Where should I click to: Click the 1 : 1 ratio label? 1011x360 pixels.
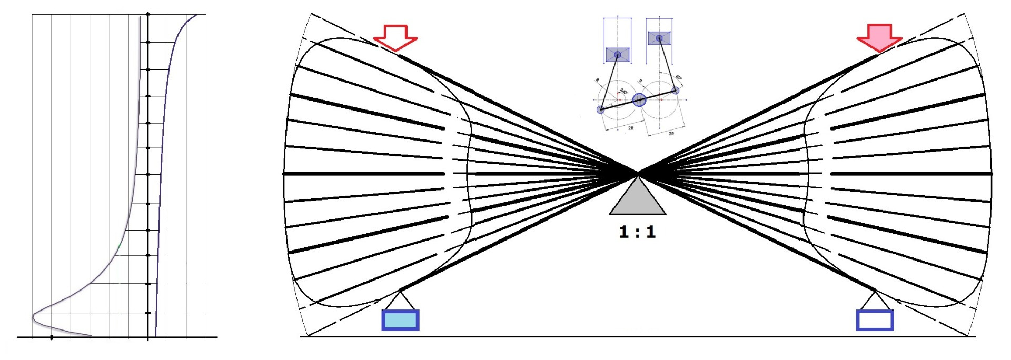coord(637,232)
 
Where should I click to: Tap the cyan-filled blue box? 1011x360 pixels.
coord(400,320)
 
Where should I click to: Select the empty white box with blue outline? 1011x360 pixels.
coord(875,320)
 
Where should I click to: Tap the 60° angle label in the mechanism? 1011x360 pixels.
coord(679,79)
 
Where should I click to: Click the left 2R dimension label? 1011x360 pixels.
coord(631,128)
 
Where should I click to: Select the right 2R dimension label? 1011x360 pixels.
coord(671,134)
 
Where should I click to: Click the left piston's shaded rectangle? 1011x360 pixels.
coord(617,55)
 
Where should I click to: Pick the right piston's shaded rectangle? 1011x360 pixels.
coord(659,38)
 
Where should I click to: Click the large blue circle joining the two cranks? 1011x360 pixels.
coord(639,100)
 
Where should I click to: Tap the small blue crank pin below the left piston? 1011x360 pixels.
coord(601,109)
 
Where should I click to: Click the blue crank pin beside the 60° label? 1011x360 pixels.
coord(676,91)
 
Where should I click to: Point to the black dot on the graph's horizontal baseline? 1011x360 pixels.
coord(51,337)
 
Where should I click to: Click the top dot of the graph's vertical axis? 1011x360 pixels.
coord(148,14)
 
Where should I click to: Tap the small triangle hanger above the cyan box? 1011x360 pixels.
coord(400,301)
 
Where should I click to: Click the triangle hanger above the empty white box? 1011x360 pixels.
coord(875,301)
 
